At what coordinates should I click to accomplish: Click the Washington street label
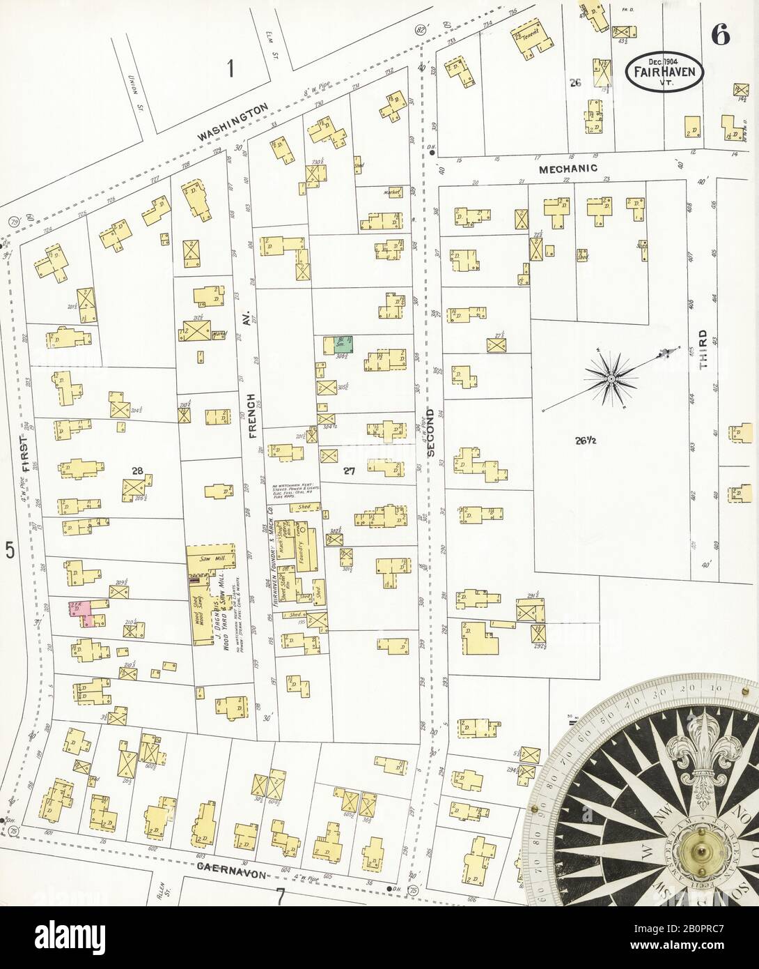click(x=233, y=123)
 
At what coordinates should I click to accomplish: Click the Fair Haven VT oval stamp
click(x=664, y=72)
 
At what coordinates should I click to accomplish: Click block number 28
click(x=138, y=471)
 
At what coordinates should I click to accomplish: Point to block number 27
click(x=349, y=471)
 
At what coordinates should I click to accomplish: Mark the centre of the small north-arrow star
click(x=611, y=379)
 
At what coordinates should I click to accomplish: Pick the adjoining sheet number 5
click(x=10, y=551)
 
